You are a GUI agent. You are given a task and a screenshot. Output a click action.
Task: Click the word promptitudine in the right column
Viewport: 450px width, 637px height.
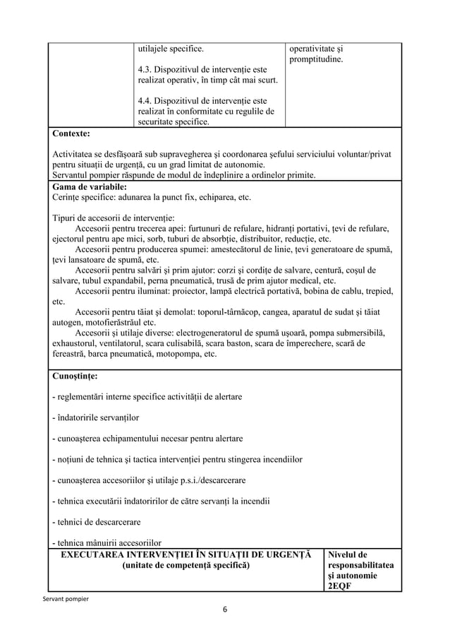(x=317, y=61)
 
